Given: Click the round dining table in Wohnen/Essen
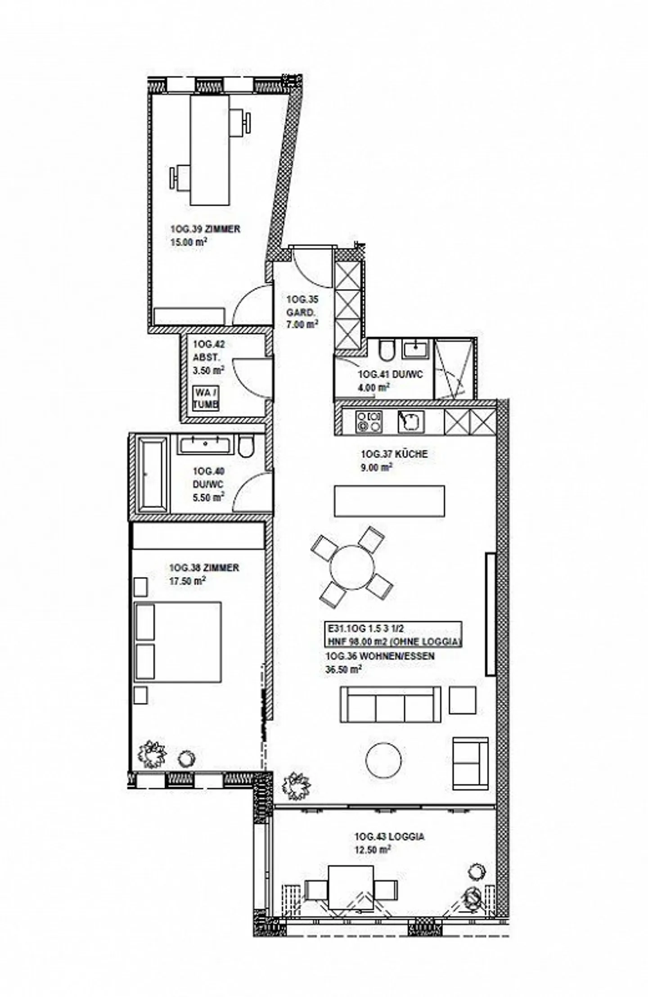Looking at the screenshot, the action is click(352, 567).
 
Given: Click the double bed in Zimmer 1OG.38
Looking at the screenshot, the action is click(178, 642).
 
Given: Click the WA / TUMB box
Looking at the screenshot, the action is click(206, 398).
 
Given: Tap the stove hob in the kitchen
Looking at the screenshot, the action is click(369, 421).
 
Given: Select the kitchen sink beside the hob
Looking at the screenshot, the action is click(410, 421).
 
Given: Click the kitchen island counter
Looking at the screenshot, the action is click(389, 501).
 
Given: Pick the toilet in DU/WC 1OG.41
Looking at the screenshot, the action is click(386, 351).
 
